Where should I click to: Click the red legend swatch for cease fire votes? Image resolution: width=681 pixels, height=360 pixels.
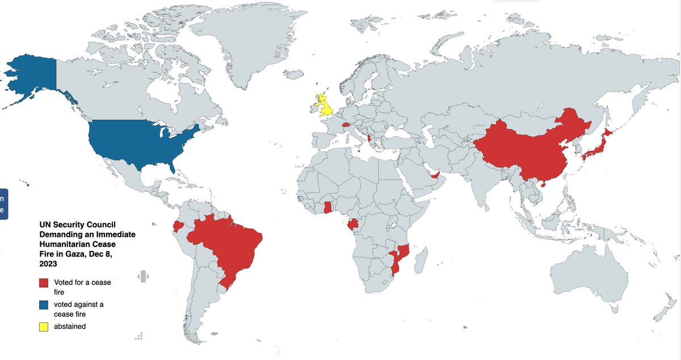click(44, 283)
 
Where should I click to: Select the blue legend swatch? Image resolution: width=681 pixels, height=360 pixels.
click(44, 304)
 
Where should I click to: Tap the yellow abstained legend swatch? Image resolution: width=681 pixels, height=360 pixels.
click(44, 326)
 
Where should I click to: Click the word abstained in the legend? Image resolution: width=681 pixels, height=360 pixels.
click(70, 326)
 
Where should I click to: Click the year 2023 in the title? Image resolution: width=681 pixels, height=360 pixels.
click(48, 263)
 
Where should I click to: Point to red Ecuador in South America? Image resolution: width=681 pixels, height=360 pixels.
click(178, 227)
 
